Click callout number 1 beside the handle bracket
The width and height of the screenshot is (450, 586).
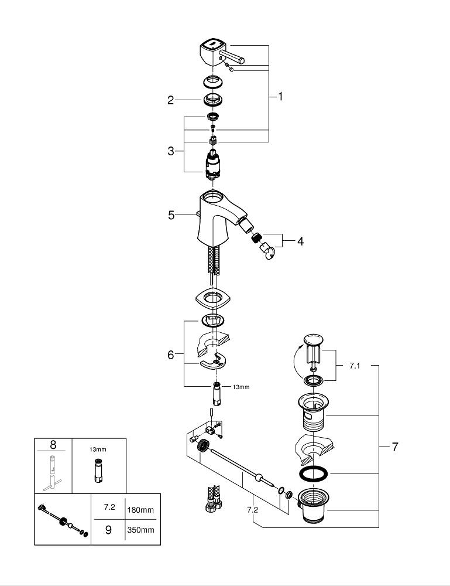(x=280, y=96)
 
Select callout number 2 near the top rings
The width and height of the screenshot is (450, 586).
(x=171, y=100)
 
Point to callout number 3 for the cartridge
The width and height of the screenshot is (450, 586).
(x=171, y=151)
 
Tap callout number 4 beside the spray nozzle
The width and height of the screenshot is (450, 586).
(x=300, y=240)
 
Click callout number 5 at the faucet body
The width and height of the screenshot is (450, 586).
(x=171, y=215)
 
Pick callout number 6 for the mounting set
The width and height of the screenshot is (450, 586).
(x=171, y=355)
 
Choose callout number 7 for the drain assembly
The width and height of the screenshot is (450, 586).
(x=395, y=447)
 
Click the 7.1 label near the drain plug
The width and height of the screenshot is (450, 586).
(x=355, y=365)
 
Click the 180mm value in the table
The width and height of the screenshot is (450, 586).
(x=140, y=509)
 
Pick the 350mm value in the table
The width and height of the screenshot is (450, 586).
(x=140, y=530)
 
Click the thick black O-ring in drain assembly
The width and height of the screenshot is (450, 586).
(x=314, y=473)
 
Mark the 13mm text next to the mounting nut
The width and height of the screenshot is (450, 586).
(x=241, y=387)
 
